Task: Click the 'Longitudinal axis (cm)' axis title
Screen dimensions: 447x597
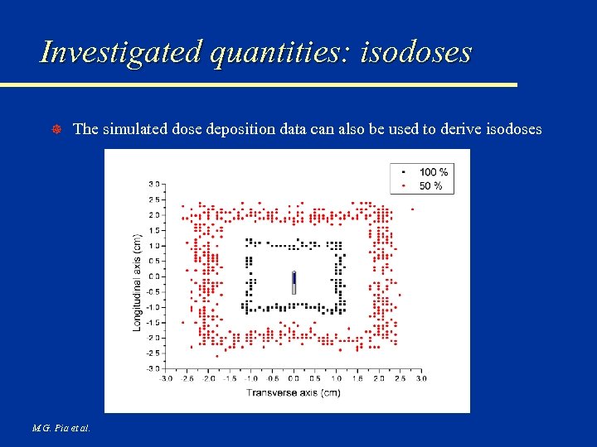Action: point(137,283)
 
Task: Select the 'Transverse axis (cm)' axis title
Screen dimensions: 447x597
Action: point(293,392)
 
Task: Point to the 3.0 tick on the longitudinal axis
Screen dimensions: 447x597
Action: point(154,184)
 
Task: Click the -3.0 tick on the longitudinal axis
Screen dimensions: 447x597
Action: point(153,368)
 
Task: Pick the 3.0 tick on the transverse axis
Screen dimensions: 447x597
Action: point(420,378)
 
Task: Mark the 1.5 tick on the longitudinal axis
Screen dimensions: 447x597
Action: point(154,230)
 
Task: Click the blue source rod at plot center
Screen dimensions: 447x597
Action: point(294,282)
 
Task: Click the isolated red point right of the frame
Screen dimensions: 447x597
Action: point(412,209)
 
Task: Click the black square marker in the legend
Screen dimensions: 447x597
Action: point(403,172)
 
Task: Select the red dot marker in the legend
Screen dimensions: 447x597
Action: point(403,185)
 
